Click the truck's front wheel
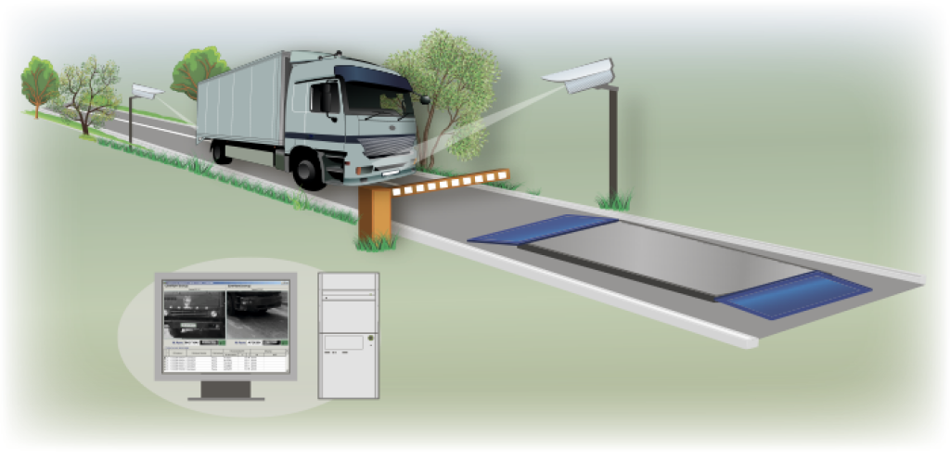(309, 171)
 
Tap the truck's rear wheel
(222, 150)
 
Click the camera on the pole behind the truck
(146, 92)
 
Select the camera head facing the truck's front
(580, 77)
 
